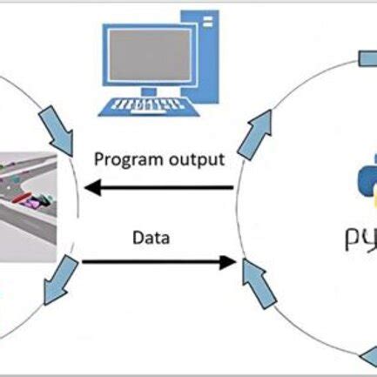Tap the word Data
151,236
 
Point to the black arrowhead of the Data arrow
228,260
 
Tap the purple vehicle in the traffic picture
35,202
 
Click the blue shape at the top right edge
369,58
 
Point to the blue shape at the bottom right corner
369,355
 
